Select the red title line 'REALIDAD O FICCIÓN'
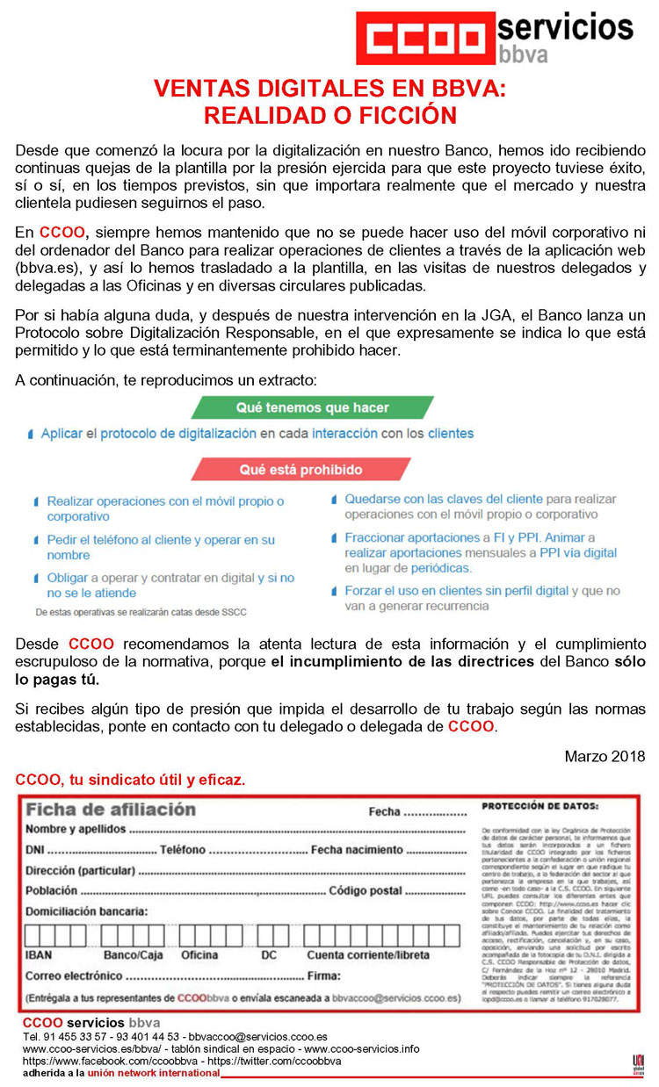329,115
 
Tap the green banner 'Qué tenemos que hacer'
313,407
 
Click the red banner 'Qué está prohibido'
301,470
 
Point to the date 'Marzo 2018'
605,756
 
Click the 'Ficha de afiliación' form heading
110,810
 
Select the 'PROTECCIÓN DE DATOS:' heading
540,806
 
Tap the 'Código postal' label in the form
366,891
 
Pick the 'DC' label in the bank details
268,955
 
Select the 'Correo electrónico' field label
75,976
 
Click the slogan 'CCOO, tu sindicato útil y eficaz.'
130,779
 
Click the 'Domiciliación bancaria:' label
87,912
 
